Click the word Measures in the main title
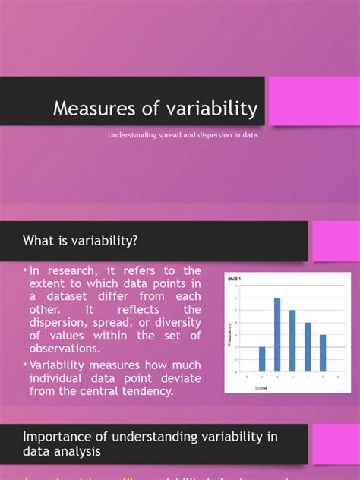[90, 109]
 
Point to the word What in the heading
[39, 242]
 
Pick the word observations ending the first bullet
[65, 349]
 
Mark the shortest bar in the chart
[263, 358]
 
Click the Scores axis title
[261, 385]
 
